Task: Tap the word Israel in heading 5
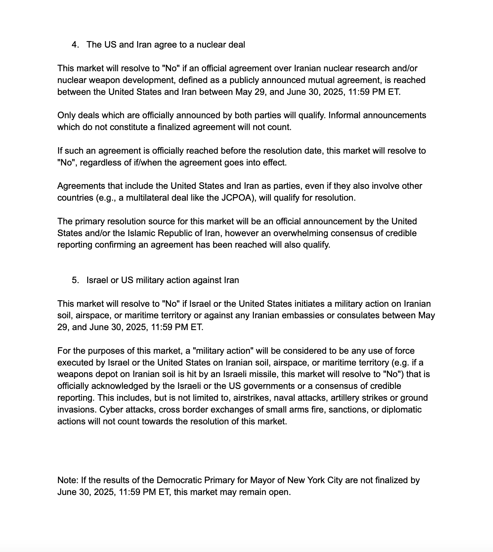(97, 280)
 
